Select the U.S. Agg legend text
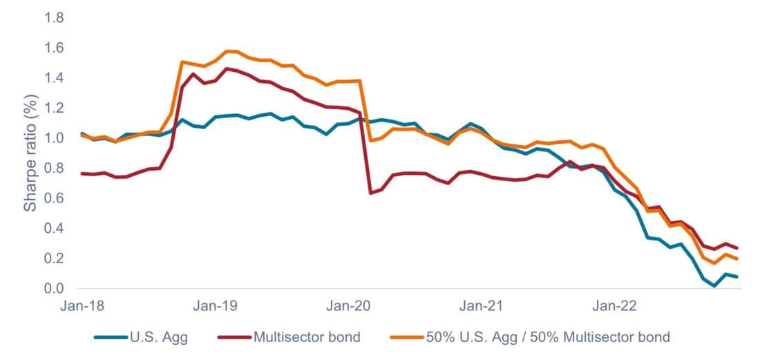pyautogui.click(x=158, y=337)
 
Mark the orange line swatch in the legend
pyautogui.click(x=410, y=338)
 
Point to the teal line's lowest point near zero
pyautogui.click(x=714, y=286)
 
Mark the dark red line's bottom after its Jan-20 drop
pyautogui.click(x=370, y=193)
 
